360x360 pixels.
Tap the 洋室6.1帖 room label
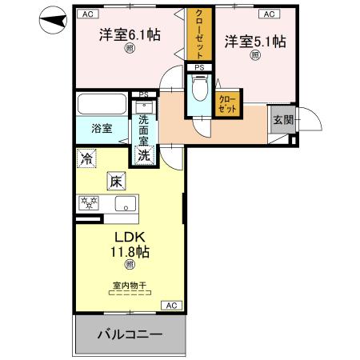click(127, 36)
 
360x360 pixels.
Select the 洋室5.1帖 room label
click(254, 42)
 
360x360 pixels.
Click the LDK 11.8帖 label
click(127, 245)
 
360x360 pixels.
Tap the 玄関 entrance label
click(282, 119)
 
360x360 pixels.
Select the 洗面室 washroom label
click(143, 130)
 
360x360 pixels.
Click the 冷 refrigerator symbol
click(86, 159)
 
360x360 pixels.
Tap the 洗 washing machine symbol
click(143, 156)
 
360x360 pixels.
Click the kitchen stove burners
click(86, 202)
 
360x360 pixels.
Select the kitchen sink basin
click(126, 203)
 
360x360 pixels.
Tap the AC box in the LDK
click(170, 305)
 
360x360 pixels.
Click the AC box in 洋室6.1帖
click(86, 14)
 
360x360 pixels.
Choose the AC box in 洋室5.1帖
click(268, 14)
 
